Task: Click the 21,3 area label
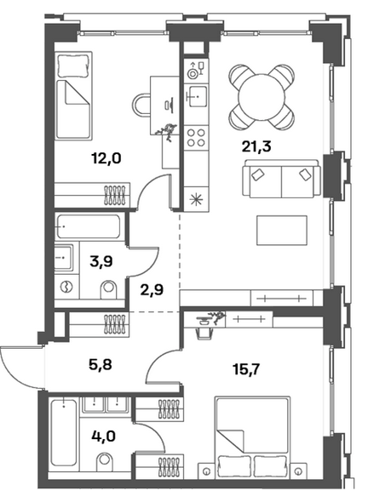pyautogui.click(x=256, y=146)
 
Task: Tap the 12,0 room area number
pyautogui.click(x=106, y=158)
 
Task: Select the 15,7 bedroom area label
pyautogui.click(x=246, y=370)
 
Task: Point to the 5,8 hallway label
pyautogui.click(x=101, y=364)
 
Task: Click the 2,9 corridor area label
pyautogui.click(x=152, y=290)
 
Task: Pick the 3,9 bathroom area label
pyautogui.click(x=101, y=262)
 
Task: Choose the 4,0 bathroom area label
pyautogui.click(x=103, y=436)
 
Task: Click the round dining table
pyautogui.click(x=261, y=97)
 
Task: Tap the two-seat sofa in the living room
pyautogui.click(x=282, y=179)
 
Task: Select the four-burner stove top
pyautogui.click(x=196, y=138)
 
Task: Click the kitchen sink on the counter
pyautogui.click(x=196, y=96)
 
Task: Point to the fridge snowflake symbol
pyautogui.click(x=195, y=199)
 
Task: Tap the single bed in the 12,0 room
pyautogui.click(x=74, y=95)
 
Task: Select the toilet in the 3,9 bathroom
pyautogui.click(x=109, y=290)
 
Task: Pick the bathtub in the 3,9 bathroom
pyautogui.click(x=89, y=226)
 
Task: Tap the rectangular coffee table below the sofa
pyautogui.click(x=282, y=231)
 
